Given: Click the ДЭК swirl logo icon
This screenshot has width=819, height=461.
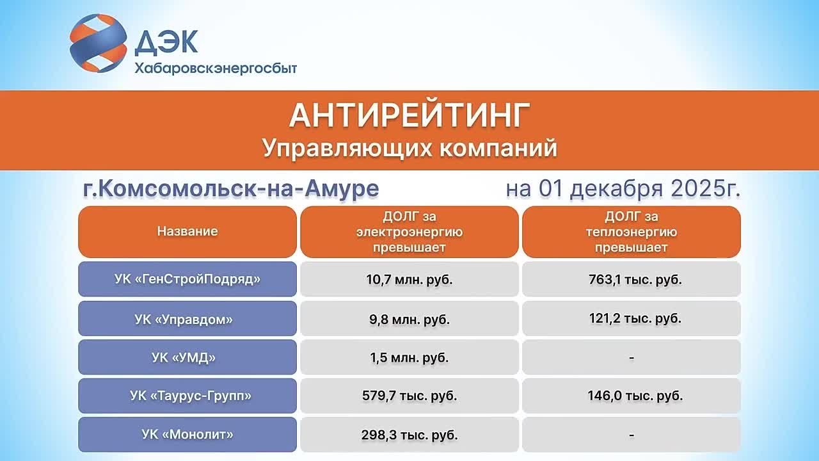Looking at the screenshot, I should (97, 43).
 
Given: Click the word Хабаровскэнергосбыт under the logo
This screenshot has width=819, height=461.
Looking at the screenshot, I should (216, 68).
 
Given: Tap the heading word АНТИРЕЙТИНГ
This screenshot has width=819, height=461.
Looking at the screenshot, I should (409, 115).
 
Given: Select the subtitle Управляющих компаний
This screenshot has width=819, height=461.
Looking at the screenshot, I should (409, 148).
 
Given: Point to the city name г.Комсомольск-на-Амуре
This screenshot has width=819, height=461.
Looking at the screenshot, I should (231, 189).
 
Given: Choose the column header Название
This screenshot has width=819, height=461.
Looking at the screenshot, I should (187, 232).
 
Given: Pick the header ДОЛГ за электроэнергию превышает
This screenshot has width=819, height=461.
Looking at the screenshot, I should (409, 232).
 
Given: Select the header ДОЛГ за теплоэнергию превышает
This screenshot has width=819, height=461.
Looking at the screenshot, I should (632, 232).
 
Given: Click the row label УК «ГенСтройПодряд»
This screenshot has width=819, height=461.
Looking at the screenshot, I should (187, 279).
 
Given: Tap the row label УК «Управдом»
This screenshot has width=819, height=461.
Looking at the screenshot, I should (187, 319).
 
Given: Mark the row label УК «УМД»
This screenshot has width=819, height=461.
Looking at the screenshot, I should (187, 357).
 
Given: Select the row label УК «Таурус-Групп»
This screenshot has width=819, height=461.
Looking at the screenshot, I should (187, 396).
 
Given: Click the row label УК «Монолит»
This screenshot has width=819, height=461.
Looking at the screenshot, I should (187, 435).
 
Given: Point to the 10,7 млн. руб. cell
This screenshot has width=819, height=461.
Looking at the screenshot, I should (409, 280).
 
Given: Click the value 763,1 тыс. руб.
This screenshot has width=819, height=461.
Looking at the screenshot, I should (632, 279).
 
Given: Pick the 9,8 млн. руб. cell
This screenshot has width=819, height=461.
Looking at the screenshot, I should (409, 319).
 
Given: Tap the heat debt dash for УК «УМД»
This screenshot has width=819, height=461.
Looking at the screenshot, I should (632, 357).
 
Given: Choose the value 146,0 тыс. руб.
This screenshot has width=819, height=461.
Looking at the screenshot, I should (632, 396).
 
